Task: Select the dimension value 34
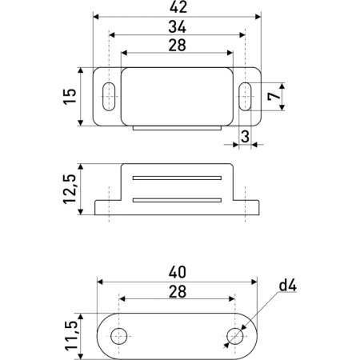point(177,26)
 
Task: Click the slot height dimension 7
point(273,97)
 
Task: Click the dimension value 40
point(178,273)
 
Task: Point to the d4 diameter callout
point(289,286)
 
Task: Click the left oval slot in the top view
point(108,97)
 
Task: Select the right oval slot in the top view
point(246,97)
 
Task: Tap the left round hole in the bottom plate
point(119,335)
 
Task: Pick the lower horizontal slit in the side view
point(177,198)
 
